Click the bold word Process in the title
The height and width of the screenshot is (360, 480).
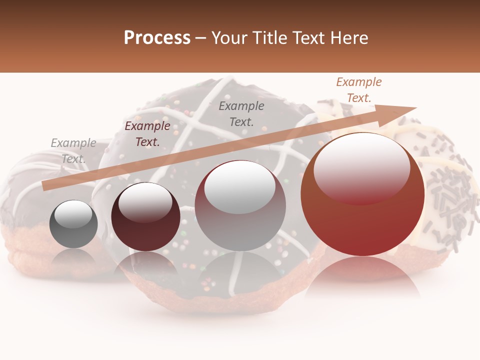(157, 38)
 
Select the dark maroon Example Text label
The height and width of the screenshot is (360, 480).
(147, 134)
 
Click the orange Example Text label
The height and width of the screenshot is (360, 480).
(358, 90)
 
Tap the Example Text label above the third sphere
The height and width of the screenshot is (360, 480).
(241, 113)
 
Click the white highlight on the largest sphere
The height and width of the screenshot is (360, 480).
(361, 162)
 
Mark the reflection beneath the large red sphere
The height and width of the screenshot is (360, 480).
(362, 272)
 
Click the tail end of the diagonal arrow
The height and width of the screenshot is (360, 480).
(45, 185)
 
